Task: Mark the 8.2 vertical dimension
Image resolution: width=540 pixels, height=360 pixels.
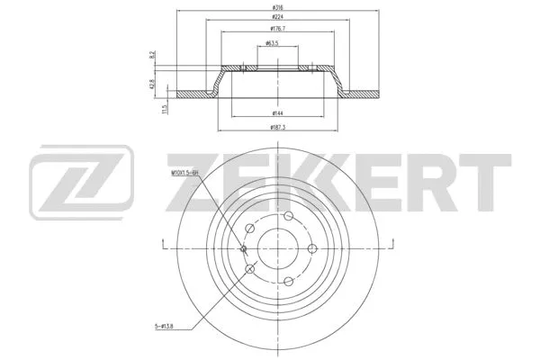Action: pos(154,56)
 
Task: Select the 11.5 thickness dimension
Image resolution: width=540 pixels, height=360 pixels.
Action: pos(164,108)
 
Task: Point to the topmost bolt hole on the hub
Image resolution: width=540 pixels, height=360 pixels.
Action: pos(288,215)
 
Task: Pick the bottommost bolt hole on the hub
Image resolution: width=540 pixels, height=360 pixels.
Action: pos(288,283)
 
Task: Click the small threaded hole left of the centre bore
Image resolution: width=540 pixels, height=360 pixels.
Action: pos(244,249)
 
